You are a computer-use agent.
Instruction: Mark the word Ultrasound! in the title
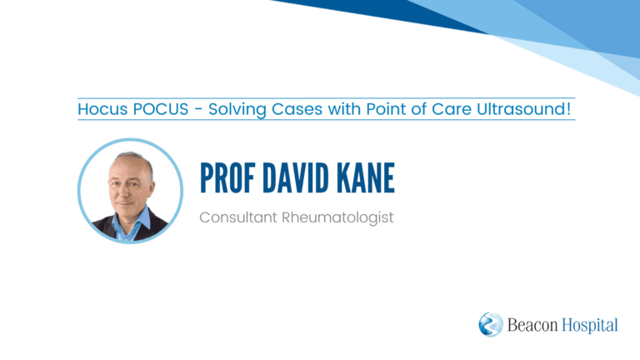click(523, 109)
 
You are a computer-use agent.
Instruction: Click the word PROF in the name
click(227, 178)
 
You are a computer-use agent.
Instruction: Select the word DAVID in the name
click(296, 178)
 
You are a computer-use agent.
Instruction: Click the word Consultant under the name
click(238, 217)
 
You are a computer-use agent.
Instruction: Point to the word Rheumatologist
click(338, 218)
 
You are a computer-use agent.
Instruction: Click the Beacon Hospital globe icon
click(491, 324)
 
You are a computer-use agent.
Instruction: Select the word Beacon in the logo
click(532, 325)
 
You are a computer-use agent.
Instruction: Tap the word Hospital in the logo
click(590, 326)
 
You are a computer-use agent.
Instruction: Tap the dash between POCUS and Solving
click(198, 110)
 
